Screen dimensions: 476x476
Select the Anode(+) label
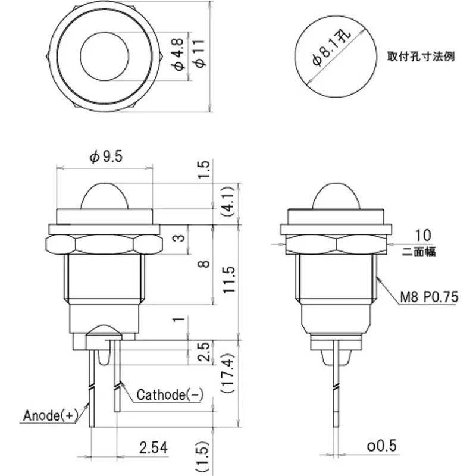[51, 415]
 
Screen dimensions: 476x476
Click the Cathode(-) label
[169, 394]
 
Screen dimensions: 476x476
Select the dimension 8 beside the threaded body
[203, 262]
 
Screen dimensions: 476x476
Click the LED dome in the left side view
[105, 195]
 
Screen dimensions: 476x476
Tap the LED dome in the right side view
[337, 195]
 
